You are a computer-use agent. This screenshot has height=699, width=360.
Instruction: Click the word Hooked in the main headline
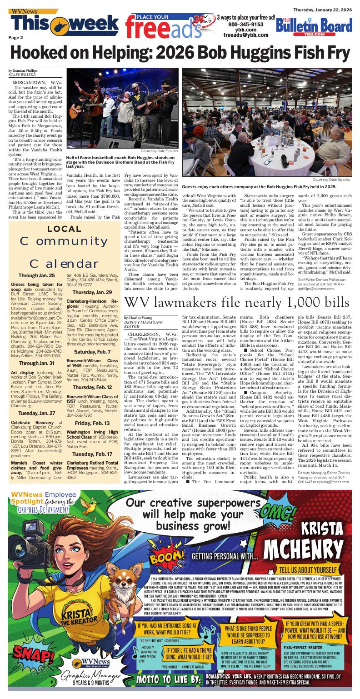pyautogui.click(x=42, y=55)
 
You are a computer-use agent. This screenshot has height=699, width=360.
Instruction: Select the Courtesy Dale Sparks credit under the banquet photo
pyautogui.click(x=331, y=180)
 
